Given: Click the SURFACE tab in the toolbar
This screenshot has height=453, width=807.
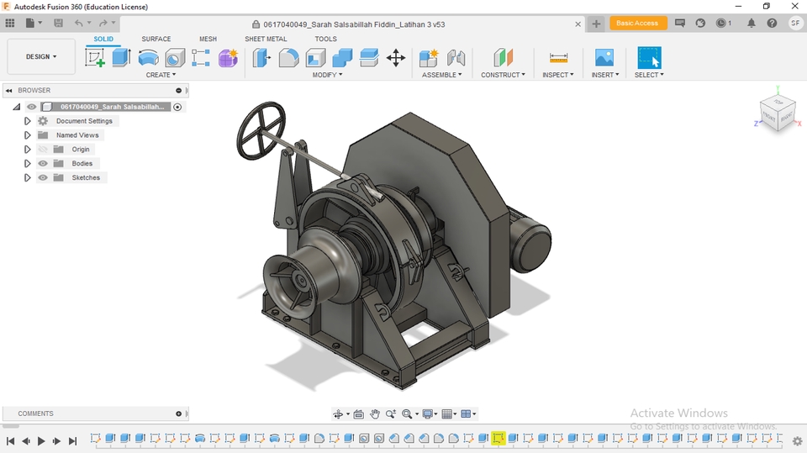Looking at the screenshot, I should [x=156, y=39].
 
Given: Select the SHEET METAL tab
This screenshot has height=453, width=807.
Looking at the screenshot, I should [x=266, y=39].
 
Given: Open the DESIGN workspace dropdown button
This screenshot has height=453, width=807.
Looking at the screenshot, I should [x=41, y=57].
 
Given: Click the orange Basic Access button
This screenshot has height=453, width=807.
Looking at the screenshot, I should [x=638, y=24].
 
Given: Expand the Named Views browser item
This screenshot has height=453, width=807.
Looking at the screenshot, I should [x=27, y=135].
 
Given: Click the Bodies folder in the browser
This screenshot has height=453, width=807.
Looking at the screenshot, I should [x=82, y=164].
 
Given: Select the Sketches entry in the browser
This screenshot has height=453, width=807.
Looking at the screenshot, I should [x=86, y=178].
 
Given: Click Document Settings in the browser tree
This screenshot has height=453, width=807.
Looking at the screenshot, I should [x=84, y=121].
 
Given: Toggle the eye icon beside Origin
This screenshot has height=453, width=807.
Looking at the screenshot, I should [x=43, y=150].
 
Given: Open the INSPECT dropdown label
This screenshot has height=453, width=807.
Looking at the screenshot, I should [x=557, y=75].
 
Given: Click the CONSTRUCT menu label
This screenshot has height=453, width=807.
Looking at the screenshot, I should [x=503, y=75].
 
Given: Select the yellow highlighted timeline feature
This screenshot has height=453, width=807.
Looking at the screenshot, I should [x=498, y=439].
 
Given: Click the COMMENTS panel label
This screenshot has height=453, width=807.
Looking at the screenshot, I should [x=36, y=413].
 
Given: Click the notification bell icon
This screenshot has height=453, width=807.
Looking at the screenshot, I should [x=752, y=24].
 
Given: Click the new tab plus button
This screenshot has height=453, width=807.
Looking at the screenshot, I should [x=596, y=24].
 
